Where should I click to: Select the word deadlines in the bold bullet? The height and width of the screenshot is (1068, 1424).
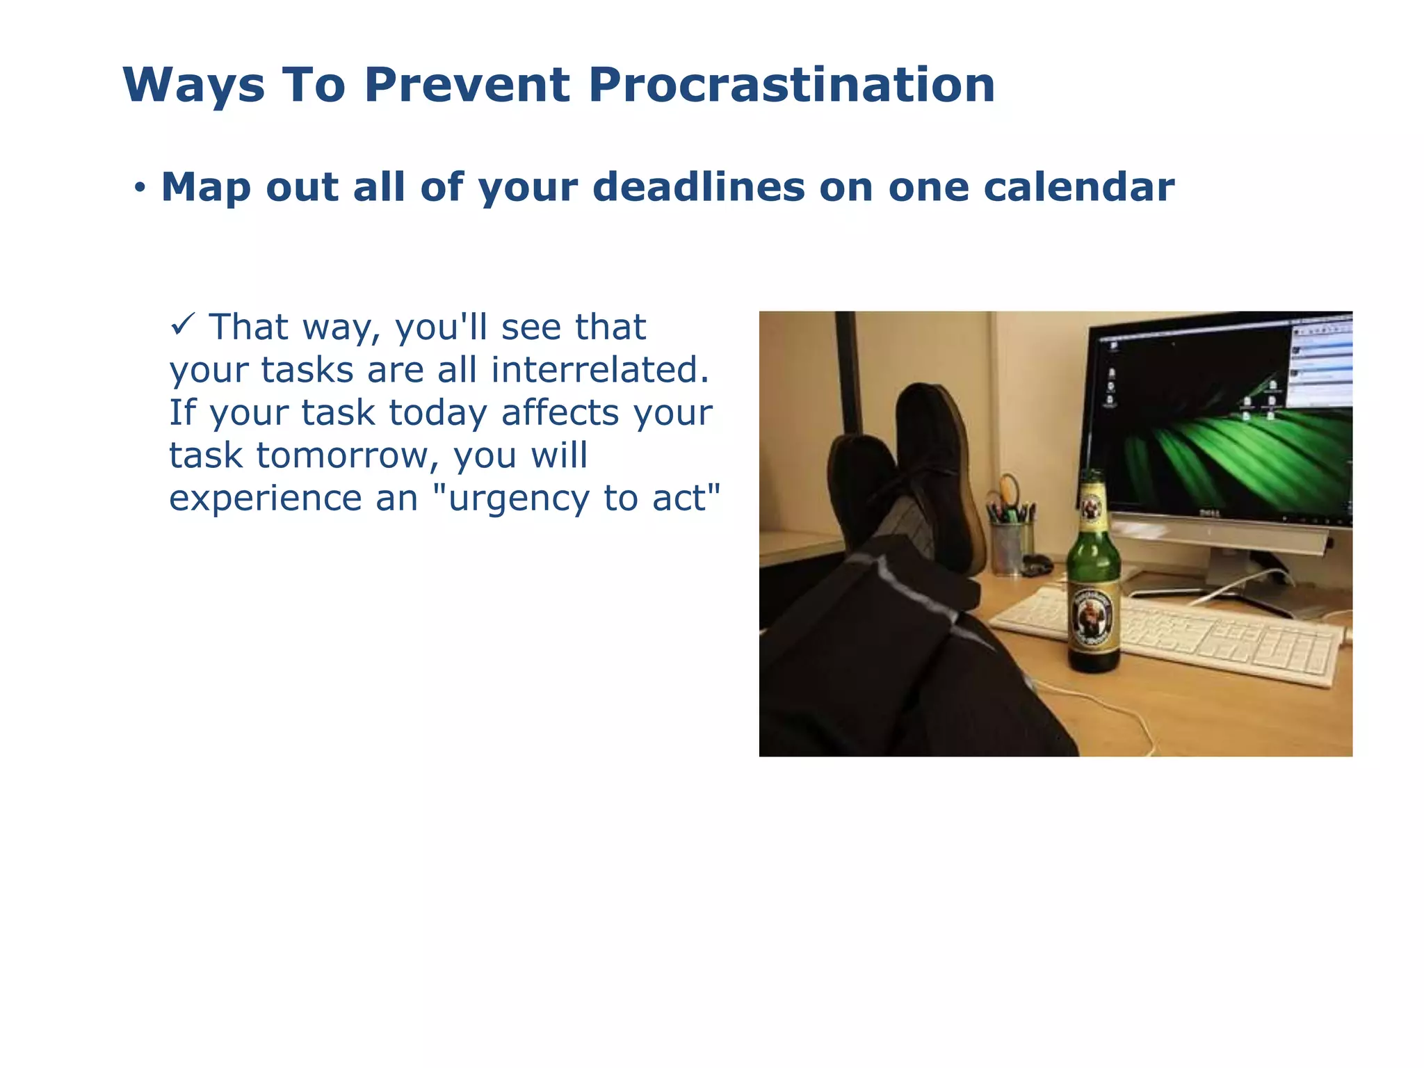698,187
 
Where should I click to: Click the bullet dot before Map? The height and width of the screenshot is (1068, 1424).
140,188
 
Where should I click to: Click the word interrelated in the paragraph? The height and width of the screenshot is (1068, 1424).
599,369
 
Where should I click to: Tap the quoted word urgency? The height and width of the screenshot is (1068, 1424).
510,498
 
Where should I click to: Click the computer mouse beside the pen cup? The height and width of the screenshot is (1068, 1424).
1037,564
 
